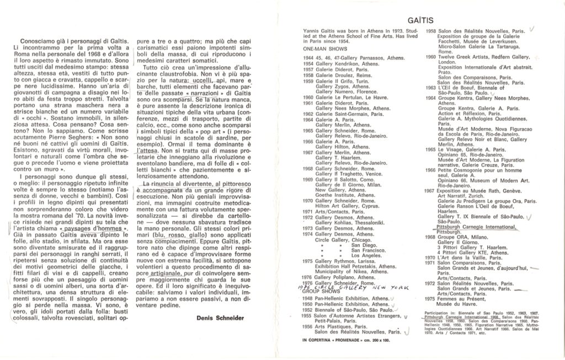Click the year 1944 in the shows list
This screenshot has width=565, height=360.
[x=307, y=57]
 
